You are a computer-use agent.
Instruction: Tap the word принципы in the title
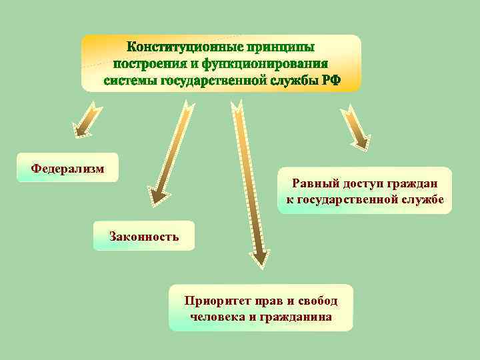(279, 48)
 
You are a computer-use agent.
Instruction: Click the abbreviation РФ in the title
(331, 80)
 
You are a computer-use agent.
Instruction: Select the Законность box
(144, 236)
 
